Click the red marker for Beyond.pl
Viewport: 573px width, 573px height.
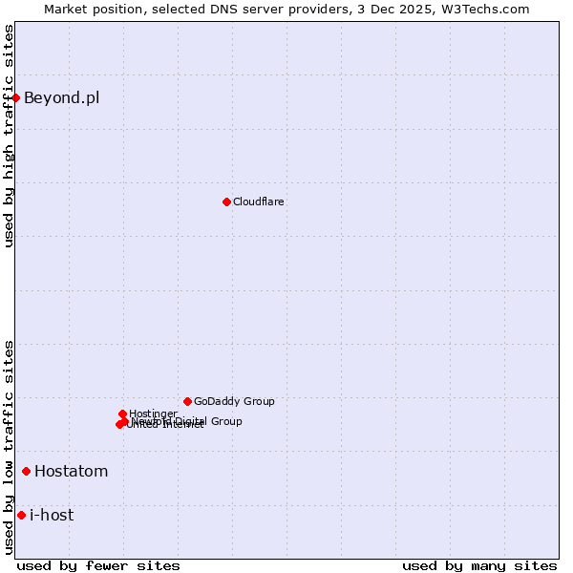point(16,97)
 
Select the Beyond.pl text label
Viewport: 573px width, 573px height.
point(61,97)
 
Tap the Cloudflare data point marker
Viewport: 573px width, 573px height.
point(226,202)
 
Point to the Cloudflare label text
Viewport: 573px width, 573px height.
point(259,202)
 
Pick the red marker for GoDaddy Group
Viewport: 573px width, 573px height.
point(187,401)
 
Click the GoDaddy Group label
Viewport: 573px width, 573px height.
point(234,401)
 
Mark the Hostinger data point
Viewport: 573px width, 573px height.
point(122,414)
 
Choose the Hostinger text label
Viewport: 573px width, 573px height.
point(153,414)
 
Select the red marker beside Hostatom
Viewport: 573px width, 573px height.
point(26,471)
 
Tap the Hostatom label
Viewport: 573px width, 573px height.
point(72,471)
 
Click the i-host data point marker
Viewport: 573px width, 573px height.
point(21,515)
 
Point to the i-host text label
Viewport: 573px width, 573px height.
point(52,515)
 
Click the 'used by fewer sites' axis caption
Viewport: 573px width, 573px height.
point(98,565)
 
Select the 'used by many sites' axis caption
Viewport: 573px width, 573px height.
point(479,565)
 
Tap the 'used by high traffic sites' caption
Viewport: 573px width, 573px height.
point(9,136)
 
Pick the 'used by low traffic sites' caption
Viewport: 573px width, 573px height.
point(9,447)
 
